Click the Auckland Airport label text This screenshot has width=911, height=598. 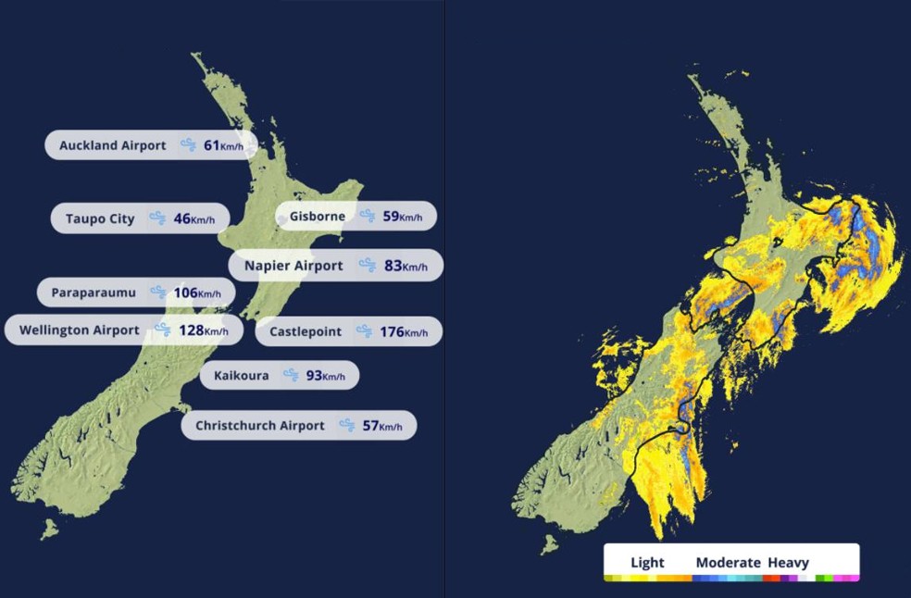[x=113, y=145]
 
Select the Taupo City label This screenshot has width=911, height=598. [x=100, y=219]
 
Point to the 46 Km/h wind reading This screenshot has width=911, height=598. [x=193, y=219]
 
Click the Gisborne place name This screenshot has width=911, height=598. [x=318, y=217]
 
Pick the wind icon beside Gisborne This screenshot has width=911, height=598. [x=368, y=217]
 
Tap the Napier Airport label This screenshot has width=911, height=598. [x=293, y=266]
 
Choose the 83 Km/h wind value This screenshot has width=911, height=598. [x=406, y=266]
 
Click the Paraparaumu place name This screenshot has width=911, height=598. [x=94, y=293]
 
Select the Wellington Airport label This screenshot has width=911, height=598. [x=80, y=330]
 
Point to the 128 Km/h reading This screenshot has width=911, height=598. [x=203, y=330]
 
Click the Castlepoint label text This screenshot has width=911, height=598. [x=306, y=331]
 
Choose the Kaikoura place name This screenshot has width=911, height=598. [x=242, y=376]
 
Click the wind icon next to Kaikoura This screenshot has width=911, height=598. [x=292, y=376]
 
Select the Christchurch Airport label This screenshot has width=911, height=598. [x=260, y=426]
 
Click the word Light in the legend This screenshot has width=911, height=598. [x=647, y=562]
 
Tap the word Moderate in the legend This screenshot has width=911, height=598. [x=728, y=562]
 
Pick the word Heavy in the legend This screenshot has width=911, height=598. [x=788, y=562]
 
